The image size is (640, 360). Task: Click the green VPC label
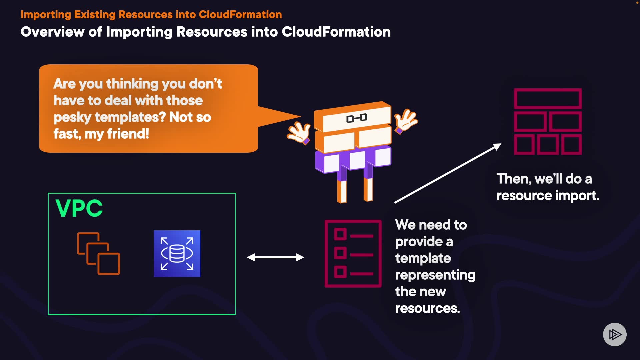click(79, 208)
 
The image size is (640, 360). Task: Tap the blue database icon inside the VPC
click(177, 253)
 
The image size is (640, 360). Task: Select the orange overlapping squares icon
click(98, 253)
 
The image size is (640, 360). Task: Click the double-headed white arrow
click(275, 257)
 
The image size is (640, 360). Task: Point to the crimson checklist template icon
click(353, 253)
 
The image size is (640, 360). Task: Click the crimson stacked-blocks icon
click(548, 121)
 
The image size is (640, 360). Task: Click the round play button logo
click(615, 334)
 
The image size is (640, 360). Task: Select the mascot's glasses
click(357, 118)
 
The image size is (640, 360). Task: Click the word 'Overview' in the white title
click(52, 32)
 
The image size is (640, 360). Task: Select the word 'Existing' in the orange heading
click(95, 15)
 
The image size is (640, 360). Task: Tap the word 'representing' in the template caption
click(435, 275)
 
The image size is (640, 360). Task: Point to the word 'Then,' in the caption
click(514, 179)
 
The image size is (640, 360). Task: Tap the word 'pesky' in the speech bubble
click(72, 117)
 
